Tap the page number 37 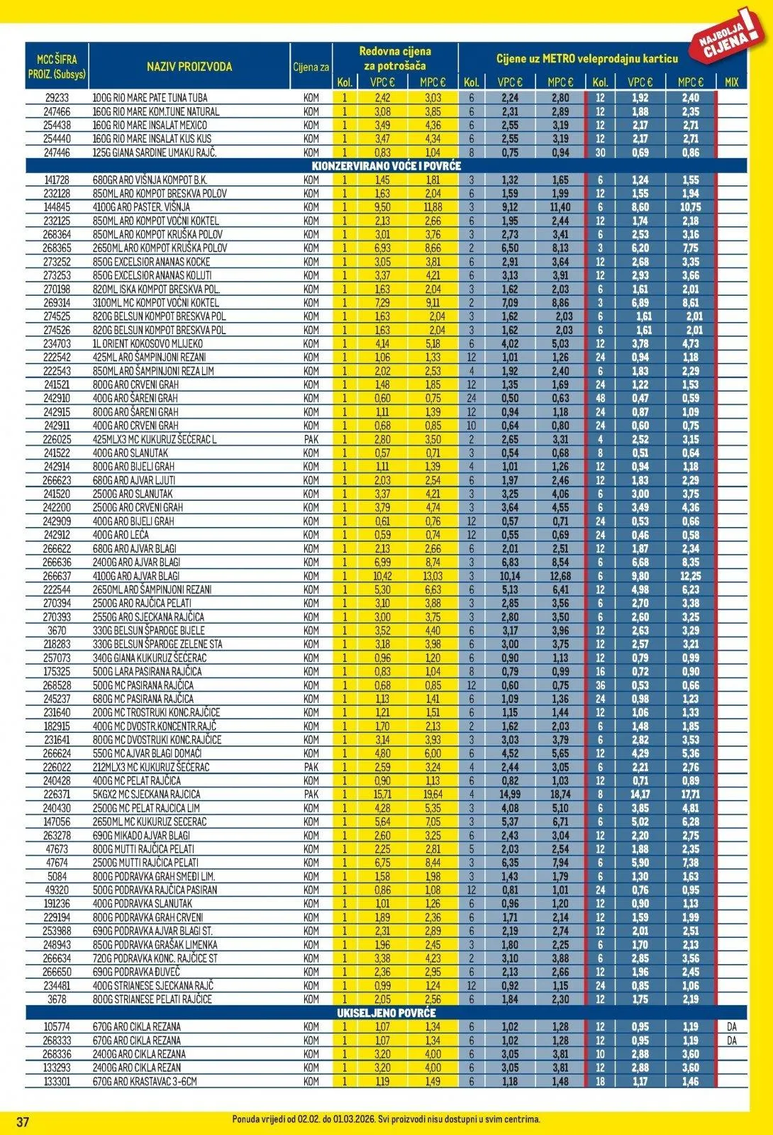point(23,1122)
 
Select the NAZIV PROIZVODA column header point(189,67)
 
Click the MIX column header point(732,82)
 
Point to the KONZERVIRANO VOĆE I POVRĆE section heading point(386,166)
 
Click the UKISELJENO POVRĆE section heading point(386,1012)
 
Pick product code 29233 point(57,98)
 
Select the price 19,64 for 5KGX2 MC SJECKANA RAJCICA point(433,794)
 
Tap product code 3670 point(57,630)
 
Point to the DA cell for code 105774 point(732,1026)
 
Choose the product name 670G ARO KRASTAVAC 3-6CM point(145,1081)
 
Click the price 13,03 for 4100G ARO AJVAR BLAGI point(433,576)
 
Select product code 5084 point(57,876)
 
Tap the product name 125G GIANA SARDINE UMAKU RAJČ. point(155,153)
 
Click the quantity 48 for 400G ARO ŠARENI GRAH point(600,398)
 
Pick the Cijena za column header point(311,67)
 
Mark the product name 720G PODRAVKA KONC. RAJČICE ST point(155,958)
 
